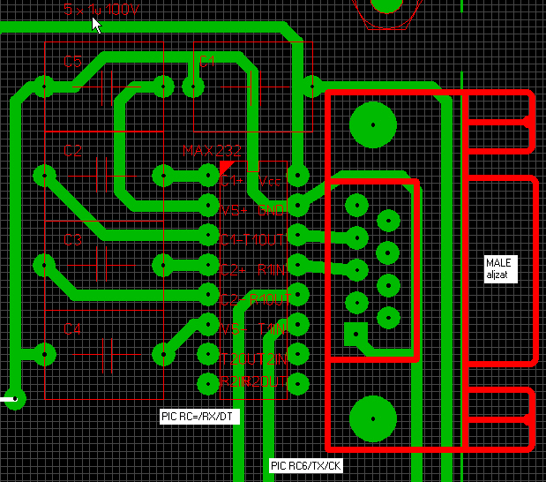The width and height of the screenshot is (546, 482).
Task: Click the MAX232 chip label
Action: click(x=212, y=150)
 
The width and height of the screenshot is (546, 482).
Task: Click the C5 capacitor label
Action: click(x=72, y=62)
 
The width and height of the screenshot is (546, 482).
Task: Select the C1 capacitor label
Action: click(x=206, y=61)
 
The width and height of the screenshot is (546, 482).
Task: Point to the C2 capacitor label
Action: click(x=72, y=151)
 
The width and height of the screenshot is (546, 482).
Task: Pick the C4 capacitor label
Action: click(x=72, y=329)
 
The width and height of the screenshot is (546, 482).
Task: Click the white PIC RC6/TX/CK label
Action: click(x=305, y=465)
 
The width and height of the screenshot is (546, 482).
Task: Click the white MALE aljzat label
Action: click(x=500, y=268)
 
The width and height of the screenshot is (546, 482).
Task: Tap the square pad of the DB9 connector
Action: click(x=355, y=334)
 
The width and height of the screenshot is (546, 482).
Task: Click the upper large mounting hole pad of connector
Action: click(x=372, y=124)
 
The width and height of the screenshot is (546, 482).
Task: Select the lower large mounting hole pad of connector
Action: click(x=372, y=418)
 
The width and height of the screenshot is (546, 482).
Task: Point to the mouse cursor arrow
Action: click(x=97, y=25)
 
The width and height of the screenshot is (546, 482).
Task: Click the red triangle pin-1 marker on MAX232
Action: click(x=228, y=168)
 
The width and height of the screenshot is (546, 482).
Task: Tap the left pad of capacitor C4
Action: click(x=43, y=355)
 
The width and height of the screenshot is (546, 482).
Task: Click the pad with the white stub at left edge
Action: click(x=15, y=399)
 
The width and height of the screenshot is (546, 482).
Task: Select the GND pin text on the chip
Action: click(x=270, y=210)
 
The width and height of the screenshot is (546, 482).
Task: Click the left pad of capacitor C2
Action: click(x=43, y=176)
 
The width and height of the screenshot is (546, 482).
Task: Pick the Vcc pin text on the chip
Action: click(x=269, y=182)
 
